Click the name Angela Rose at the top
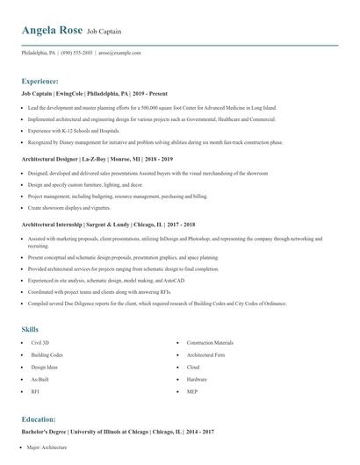pyautogui.click(x=52, y=30)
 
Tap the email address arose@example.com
pyautogui.click(x=119, y=53)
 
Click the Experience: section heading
pyautogui.click(x=46, y=80)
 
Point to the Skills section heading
pyautogui.click(x=30, y=329)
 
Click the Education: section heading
pyautogui.click(x=44, y=419)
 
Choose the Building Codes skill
pyautogui.click(x=47, y=354)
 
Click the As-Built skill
pyautogui.click(x=40, y=379)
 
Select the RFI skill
pyautogui.click(x=36, y=391)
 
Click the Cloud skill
pyautogui.click(x=193, y=367)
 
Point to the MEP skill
pyautogui.click(x=192, y=391)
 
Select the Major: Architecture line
pyautogui.click(x=47, y=447)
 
